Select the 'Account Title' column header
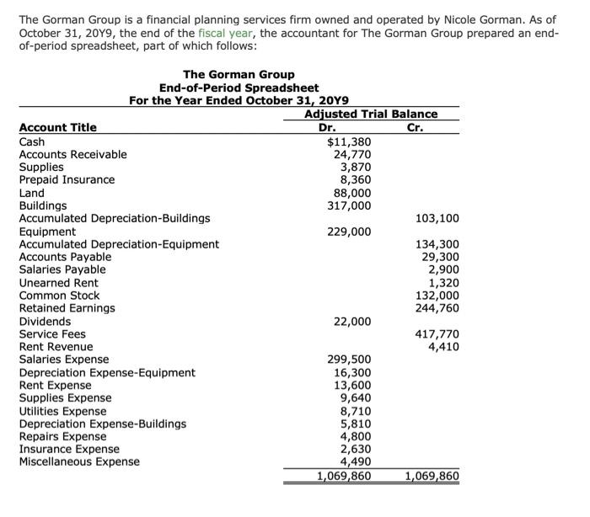tap(57, 127)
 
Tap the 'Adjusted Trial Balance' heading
tap(371, 114)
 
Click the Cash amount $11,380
tap(349, 141)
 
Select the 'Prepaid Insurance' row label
tap(67, 179)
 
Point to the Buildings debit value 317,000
tap(349, 205)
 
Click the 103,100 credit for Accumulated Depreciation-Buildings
tap(437, 218)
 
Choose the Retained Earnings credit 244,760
tap(437, 308)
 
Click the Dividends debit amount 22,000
tap(352, 321)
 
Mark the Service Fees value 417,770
tap(437, 333)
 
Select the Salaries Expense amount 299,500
tap(349, 360)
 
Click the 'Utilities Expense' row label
tap(64, 411)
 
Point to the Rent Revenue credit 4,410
tap(443, 346)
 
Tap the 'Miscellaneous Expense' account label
tap(79, 461)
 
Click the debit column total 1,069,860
tap(343, 476)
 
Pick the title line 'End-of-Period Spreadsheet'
tap(239, 88)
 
